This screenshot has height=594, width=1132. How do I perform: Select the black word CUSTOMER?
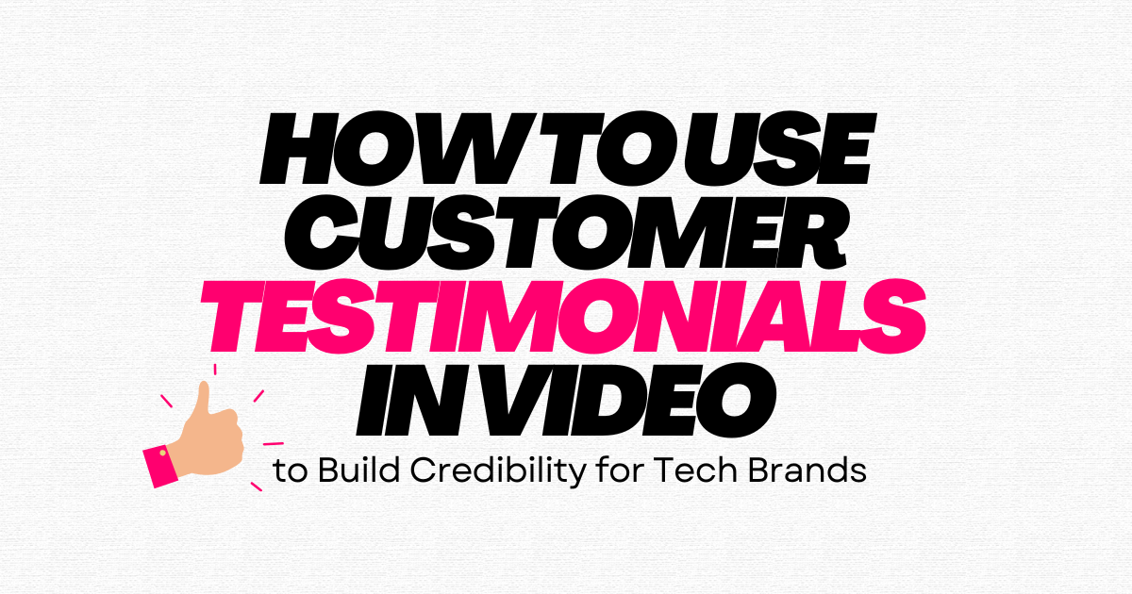point(565,233)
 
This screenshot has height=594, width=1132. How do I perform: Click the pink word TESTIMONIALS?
point(563,316)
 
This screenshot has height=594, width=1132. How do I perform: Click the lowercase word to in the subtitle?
point(291,471)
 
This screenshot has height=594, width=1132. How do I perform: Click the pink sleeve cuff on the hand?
point(160,468)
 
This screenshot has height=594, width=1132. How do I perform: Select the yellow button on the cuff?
point(162,454)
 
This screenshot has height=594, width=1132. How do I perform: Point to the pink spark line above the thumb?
point(215,370)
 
